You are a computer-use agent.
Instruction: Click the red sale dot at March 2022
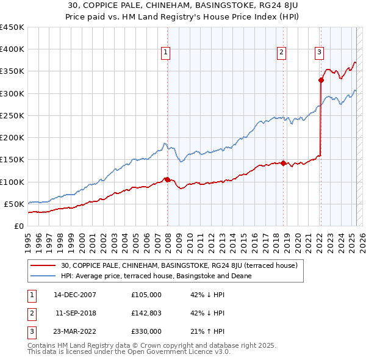click(321, 79)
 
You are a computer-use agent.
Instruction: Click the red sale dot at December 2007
click(167, 179)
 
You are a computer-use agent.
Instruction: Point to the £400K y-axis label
click(12, 49)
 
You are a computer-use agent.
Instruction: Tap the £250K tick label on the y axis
click(12, 115)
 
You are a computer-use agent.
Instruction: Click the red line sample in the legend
click(43, 265)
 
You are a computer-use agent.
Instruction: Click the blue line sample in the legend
click(43, 276)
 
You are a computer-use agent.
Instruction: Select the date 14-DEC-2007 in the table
click(75, 295)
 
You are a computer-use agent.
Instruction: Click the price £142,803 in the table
click(146, 313)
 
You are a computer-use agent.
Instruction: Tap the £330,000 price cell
click(146, 331)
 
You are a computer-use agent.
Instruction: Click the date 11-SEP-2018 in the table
click(75, 313)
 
